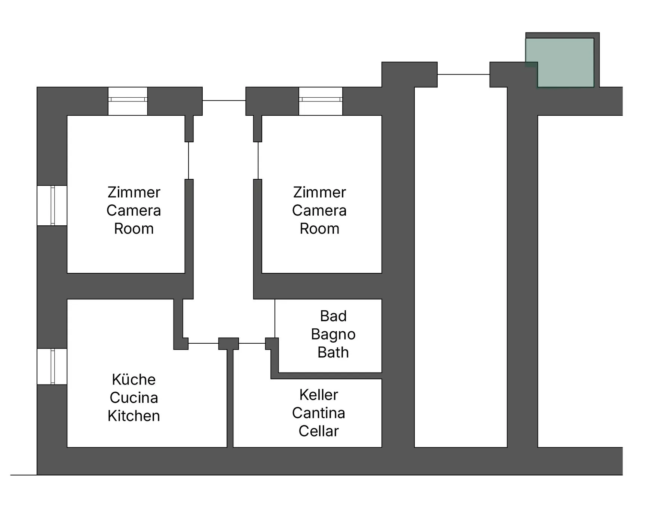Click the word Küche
[x=134, y=379]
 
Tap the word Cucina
[x=134, y=398]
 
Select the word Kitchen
[x=134, y=416]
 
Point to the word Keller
[x=319, y=395]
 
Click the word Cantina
[x=319, y=413]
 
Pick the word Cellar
[x=319, y=431]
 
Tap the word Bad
[x=333, y=316]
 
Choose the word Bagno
[x=333, y=334]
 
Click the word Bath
[x=333, y=352]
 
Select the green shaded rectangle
[x=560, y=63]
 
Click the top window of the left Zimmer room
[x=128, y=101]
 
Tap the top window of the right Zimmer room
[x=321, y=101]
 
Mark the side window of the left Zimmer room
[x=52, y=206]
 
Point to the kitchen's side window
[x=52, y=366]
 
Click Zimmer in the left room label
[x=134, y=192]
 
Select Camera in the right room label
[x=319, y=210]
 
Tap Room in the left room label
[x=134, y=229]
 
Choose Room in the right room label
[x=319, y=229]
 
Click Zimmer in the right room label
[x=319, y=192]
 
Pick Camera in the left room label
[x=134, y=210]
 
